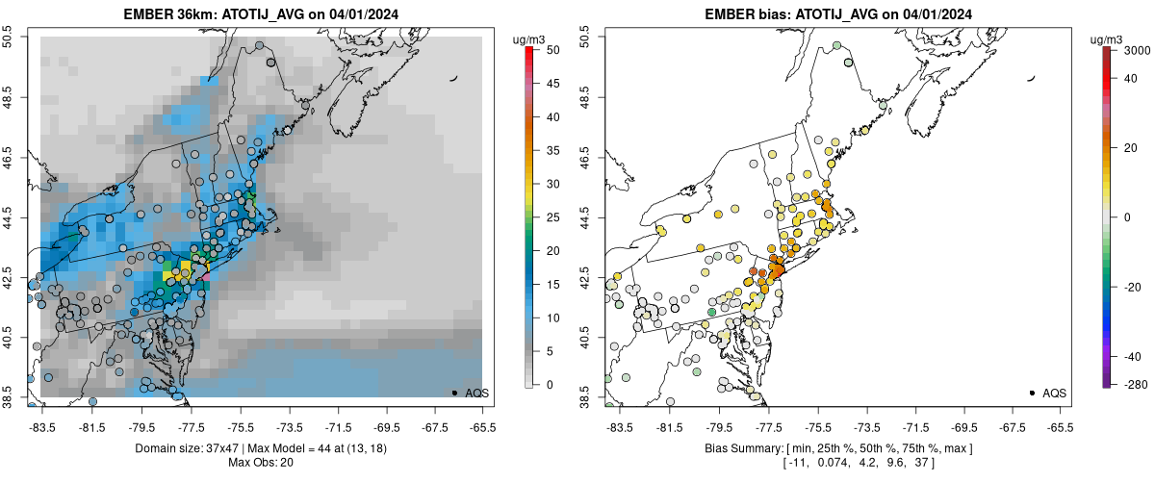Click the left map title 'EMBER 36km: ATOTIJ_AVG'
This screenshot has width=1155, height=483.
point(193,14)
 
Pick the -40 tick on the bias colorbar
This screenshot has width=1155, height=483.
point(1133,356)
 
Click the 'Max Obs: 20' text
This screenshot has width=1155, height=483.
point(254,463)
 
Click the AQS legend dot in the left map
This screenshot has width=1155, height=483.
point(454,393)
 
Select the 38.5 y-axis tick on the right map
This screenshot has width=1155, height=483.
point(585,397)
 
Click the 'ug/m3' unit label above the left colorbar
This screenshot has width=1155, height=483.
point(530,39)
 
